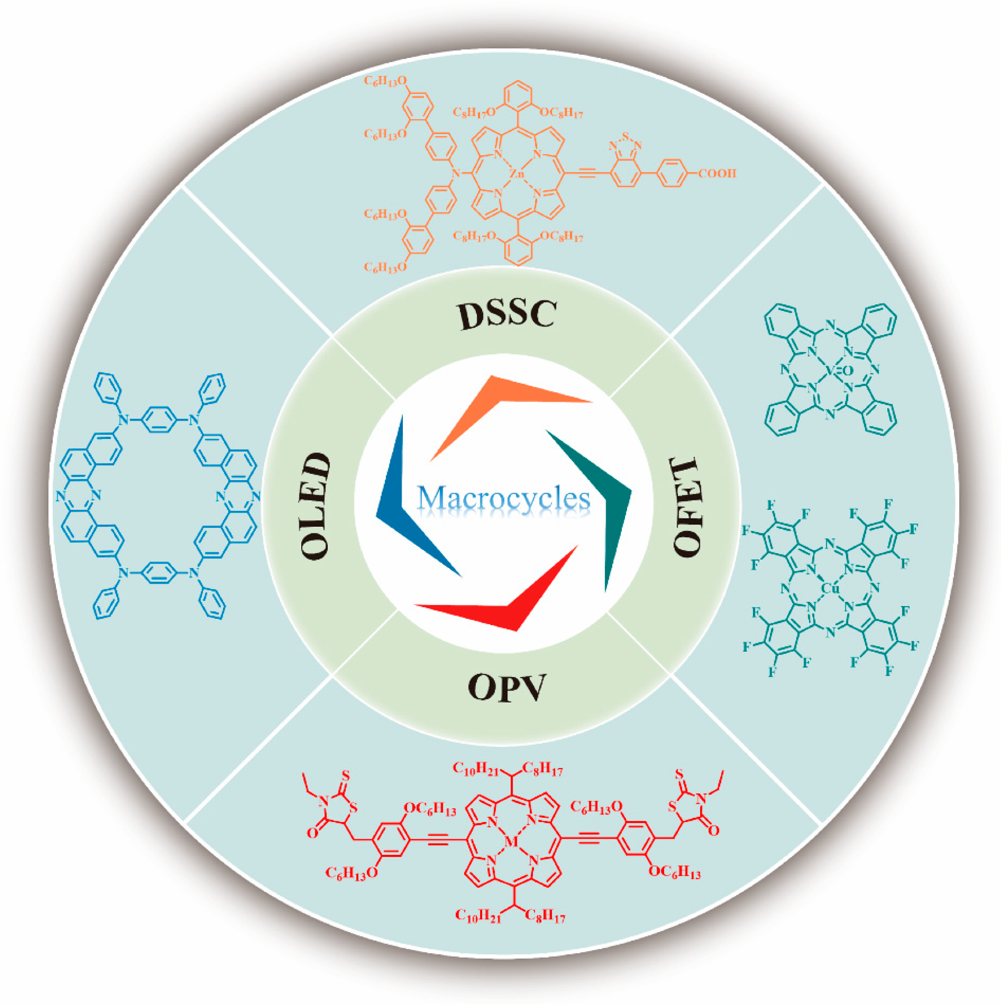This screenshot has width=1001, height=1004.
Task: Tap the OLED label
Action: [x=315, y=506]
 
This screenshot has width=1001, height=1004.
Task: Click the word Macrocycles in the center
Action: [x=504, y=498]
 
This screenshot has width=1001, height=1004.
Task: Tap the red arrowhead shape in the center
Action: [x=509, y=603]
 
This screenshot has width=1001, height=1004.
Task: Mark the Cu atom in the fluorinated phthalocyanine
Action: [x=829, y=588]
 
